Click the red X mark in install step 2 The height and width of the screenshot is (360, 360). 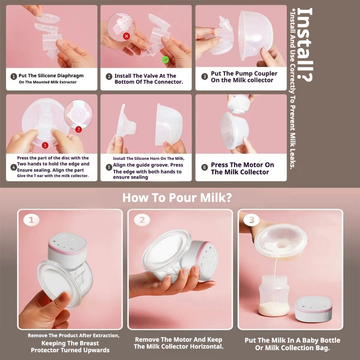pyautogui.click(x=126, y=36)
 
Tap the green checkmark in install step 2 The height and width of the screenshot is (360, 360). pyautogui.click(x=165, y=60)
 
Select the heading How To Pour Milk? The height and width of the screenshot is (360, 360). pyautogui.click(x=177, y=198)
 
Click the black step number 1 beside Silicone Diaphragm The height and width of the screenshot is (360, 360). pyautogui.click(x=14, y=76)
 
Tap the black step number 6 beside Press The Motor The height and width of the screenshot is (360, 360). pyautogui.click(x=204, y=167)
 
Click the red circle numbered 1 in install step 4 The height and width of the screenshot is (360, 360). pyautogui.click(x=45, y=145)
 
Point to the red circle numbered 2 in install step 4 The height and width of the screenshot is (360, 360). pyautogui.click(x=78, y=129)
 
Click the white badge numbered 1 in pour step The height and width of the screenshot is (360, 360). pyautogui.click(x=31, y=220)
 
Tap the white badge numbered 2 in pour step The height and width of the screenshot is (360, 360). pyautogui.click(x=142, y=220)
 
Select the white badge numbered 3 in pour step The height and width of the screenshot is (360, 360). pyautogui.click(x=252, y=220)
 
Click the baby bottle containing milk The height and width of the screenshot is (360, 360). pyautogui.click(x=274, y=295)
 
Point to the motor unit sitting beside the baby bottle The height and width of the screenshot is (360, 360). pyautogui.click(x=314, y=309)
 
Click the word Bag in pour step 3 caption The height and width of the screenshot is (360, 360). pyautogui.click(x=324, y=348)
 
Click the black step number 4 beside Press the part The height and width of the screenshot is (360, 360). pyautogui.click(x=14, y=167)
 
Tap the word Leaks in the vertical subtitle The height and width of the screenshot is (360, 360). pyautogui.click(x=292, y=160)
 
